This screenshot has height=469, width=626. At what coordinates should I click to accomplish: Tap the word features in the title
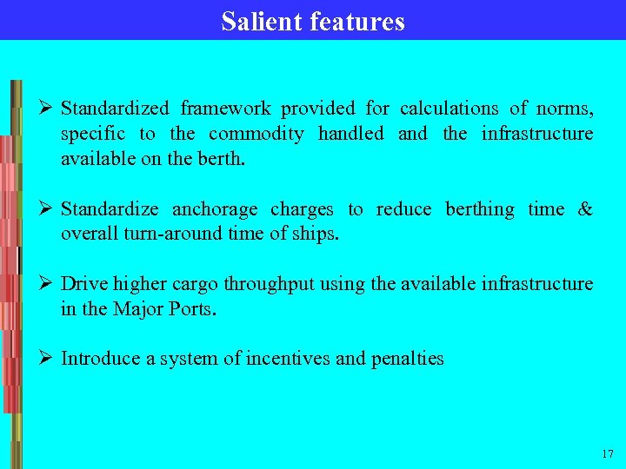tap(356, 21)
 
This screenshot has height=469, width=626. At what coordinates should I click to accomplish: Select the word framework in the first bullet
tap(226, 109)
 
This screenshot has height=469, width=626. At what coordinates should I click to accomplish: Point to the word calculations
tap(449, 109)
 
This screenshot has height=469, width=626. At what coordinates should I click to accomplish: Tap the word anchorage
tap(215, 209)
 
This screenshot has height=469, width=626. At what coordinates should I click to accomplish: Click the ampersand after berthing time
tap(585, 209)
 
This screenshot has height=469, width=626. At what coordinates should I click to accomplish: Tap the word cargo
tap(194, 285)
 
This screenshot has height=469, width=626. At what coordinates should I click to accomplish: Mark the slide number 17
tap(606, 454)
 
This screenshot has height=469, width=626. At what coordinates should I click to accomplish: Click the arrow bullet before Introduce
tap(49, 358)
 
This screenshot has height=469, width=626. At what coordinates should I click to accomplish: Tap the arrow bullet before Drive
tap(49, 284)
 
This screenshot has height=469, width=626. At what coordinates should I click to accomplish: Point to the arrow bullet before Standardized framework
tap(49, 109)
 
